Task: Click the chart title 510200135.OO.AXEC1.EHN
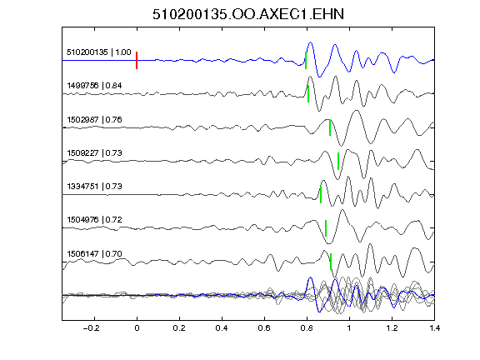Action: point(248,14)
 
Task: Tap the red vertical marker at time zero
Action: point(137,60)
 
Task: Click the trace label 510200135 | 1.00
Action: point(99,52)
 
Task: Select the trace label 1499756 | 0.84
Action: point(94,85)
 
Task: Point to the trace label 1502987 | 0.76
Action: point(94,119)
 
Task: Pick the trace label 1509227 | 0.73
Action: point(94,152)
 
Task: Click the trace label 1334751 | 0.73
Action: point(94,186)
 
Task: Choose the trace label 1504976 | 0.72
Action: point(94,219)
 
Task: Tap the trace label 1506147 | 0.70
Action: point(94,254)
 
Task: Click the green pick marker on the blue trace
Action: point(306,60)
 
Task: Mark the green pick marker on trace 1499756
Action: point(308,93)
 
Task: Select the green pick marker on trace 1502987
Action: point(330,127)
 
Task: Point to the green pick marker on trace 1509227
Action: point(338,161)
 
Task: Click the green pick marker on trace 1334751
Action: point(321,194)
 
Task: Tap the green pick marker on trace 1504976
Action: point(325,228)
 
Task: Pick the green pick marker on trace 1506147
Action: point(331,262)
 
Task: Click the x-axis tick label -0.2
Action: point(92,328)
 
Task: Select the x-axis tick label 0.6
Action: point(264,328)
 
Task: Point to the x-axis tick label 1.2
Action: point(392,328)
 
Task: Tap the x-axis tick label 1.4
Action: point(434,328)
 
